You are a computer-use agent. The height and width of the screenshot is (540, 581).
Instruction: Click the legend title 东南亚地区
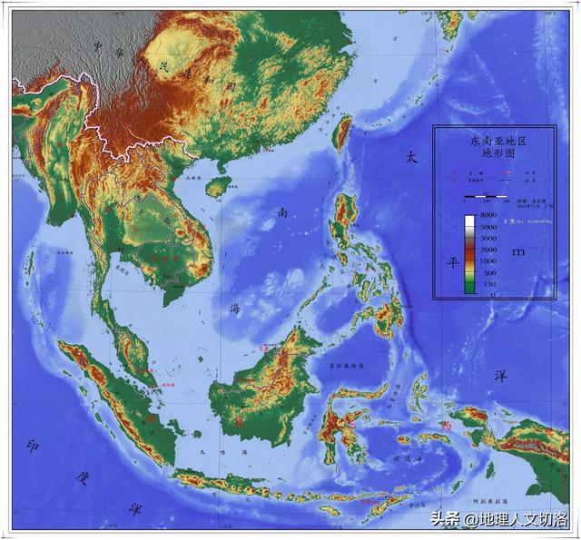click(497, 142)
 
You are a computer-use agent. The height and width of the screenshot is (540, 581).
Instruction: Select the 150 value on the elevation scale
click(488, 284)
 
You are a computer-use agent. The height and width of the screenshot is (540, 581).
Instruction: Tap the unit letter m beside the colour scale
click(518, 250)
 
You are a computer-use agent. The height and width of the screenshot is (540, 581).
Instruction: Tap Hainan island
click(216, 186)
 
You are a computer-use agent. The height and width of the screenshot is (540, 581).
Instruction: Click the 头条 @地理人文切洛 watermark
click(497, 520)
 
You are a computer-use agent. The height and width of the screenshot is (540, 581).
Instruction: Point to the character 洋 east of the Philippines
click(498, 374)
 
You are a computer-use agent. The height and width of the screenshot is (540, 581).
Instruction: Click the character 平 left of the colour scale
click(450, 262)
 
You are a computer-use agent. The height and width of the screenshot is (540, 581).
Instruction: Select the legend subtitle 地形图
click(497, 155)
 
